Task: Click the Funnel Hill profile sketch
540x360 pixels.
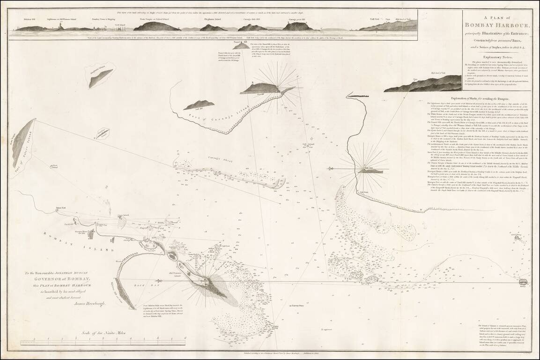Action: (241, 45)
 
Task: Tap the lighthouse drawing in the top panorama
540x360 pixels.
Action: (59, 26)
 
